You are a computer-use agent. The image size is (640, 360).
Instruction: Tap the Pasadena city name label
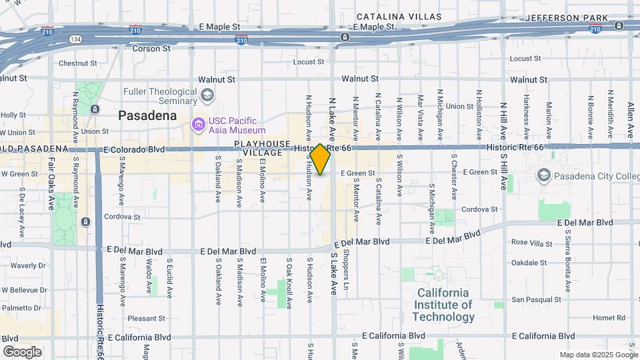tap(147, 115)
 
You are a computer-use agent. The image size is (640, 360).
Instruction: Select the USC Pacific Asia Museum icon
tap(197, 125)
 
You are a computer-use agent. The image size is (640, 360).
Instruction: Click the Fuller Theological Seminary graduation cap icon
tap(207, 95)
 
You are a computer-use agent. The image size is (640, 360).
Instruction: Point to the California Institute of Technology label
tap(443, 305)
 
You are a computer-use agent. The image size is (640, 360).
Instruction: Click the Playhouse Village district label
tap(262, 148)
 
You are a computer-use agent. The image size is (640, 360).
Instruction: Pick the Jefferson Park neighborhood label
tap(566, 18)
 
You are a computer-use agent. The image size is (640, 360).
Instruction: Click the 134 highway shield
tap(77, 39)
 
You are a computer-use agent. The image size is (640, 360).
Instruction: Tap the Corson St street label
tap(151, 49)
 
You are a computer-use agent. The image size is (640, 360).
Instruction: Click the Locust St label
tap(309, 62)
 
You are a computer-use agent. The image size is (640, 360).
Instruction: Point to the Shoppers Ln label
tap(346, 265)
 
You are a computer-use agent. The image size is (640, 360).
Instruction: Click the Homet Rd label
tap(609, 318)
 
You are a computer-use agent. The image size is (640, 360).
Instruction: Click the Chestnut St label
tap(78, 63)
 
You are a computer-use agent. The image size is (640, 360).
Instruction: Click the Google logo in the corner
tap(22, 351)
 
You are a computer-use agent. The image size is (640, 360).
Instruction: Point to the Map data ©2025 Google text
tap(597, 355)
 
